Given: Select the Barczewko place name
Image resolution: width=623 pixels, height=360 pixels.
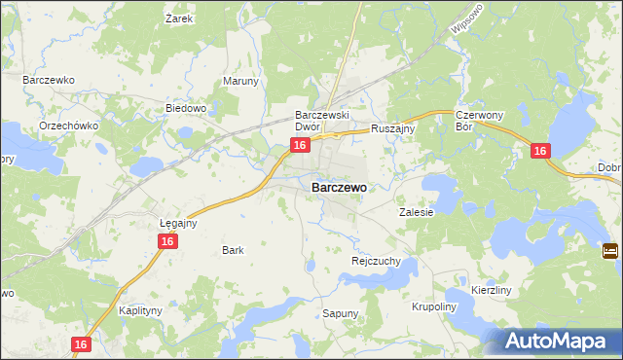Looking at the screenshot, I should tap(49, 79).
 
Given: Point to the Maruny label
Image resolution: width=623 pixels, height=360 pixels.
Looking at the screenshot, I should tap(241, 81).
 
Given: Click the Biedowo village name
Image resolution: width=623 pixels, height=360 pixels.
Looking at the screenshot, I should tap(186, 108).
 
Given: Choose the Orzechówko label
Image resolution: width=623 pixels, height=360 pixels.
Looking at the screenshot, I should tap(65, 127).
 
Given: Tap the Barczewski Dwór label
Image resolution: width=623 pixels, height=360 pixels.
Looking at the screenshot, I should tap(322, 121).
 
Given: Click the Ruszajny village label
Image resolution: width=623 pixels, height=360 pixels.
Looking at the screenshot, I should tap(394, 127).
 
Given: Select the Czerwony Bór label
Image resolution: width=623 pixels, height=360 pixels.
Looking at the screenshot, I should tap(478, 121).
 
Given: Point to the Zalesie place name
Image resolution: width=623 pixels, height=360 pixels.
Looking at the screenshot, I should tap(416, 211).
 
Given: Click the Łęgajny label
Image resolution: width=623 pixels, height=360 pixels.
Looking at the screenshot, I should tap(178, 222).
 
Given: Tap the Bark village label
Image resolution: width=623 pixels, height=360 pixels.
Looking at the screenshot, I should tap(233, 250).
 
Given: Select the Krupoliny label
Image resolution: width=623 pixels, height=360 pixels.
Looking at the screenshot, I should tap(433, 306).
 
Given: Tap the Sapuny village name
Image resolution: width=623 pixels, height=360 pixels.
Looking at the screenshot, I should tap(341, 313).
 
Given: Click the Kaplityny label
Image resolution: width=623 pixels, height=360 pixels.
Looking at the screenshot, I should tap(139, 310).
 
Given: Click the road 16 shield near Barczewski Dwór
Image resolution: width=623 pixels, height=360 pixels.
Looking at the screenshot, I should tap(300, 145).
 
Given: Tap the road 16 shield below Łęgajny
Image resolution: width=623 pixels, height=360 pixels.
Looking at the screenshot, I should tap(168, 240).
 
